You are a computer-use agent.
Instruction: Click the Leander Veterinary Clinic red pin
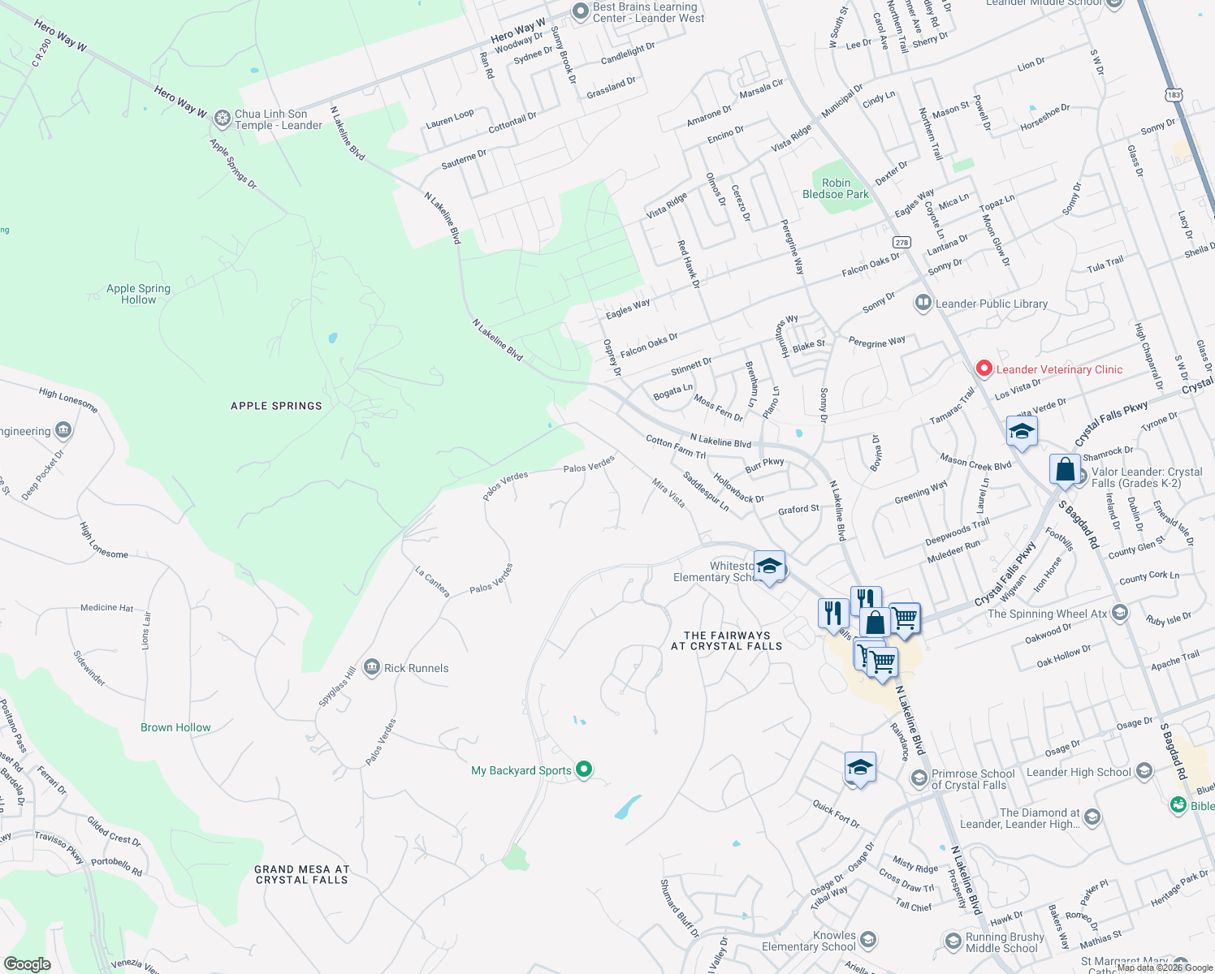[x=984, y=369]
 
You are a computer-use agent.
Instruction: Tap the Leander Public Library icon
[x=923, y=304]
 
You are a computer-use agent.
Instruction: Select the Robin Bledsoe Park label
[x=836, y=188]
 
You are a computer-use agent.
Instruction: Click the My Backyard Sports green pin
[x=583, y=769]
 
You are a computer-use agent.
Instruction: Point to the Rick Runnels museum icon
[x=372, y=667]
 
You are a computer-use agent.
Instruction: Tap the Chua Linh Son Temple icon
[x=223, y=119]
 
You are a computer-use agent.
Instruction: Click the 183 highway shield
[x=1174, y=95]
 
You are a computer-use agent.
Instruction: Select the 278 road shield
[x=902, y=242]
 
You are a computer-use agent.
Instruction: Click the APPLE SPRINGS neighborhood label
[x=276, y=406]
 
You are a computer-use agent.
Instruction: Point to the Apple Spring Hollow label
[x=138, y=294]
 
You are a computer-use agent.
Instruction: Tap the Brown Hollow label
[x=175, y=727]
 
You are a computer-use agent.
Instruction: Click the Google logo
[x=28, y=963]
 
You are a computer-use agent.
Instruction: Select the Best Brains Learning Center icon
[x=580, y=11]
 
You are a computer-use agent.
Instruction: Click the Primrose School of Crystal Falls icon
[x=919, y=778]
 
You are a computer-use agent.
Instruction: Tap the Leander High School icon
[x=1144, y=770]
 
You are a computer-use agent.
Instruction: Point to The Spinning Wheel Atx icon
[x=1120, y=612]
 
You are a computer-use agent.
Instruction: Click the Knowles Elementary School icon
[x=867, y=940]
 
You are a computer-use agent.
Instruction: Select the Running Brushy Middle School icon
[x=953, y=942]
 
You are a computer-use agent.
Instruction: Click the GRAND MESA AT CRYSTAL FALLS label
[x=301, y=874]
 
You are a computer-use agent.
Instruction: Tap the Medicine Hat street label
[x=106, y=607]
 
